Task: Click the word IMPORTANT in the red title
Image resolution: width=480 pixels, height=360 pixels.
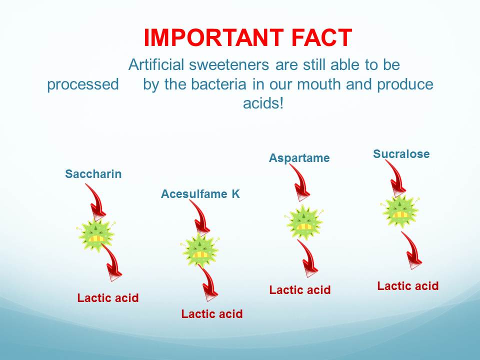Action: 213,37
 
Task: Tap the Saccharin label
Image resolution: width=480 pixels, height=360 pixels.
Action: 93,174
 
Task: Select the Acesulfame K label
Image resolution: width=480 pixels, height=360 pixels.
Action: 200,194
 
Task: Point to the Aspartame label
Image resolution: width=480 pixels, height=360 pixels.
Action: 299,158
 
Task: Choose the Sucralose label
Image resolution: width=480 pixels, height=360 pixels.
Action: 401,153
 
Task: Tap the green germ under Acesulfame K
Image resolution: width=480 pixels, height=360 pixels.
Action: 200,250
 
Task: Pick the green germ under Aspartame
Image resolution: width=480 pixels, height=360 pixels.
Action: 304,222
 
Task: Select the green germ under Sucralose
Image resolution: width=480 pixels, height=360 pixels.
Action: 400,210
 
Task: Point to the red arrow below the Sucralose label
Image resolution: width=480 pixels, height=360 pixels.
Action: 397,177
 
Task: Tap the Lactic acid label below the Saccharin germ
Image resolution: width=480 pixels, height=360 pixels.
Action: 108,298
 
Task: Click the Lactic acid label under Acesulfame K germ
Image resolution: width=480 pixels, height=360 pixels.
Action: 212,314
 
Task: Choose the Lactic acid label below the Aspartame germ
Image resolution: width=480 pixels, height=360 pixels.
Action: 300,290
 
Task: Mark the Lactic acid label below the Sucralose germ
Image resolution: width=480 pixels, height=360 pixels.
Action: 408,286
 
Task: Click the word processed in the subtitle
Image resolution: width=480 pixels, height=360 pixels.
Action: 83,84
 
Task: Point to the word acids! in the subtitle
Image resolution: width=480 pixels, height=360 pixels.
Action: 263,103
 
